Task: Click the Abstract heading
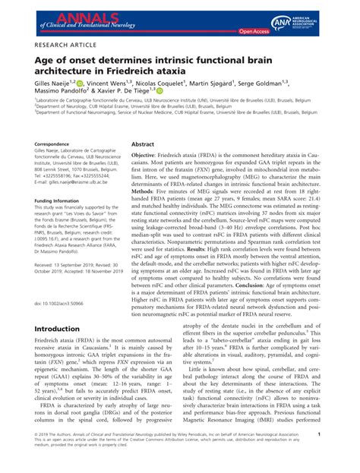click(143, 143)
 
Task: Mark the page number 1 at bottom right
click(340, 455)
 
